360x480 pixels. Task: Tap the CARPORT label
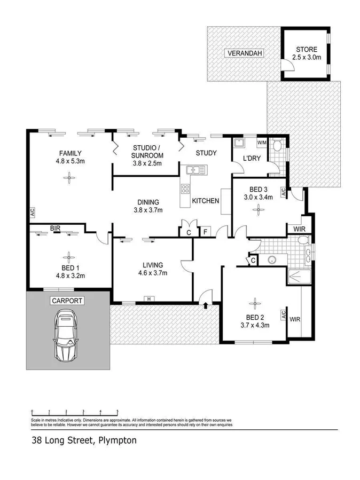click(67, 301)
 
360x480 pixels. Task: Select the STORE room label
click(307, 50)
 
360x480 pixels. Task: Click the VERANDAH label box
click(242, 53)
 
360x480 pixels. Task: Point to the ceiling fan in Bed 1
click(68, 255)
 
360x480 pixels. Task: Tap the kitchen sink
click(195, 170)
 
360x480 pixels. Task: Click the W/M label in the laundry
click(262, 143)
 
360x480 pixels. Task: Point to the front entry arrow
click(206, 305)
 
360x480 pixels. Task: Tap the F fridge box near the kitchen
click(205, 232)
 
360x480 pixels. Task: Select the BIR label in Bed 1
click(55, 229)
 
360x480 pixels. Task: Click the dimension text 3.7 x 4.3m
click(255, 324)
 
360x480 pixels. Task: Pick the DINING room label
click(148, 202)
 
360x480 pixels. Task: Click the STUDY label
click(206, 153)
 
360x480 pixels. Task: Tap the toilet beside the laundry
click(277, 146)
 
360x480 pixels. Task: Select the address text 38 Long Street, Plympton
click(83, 440)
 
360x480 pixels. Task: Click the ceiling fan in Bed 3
click(257, 210)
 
